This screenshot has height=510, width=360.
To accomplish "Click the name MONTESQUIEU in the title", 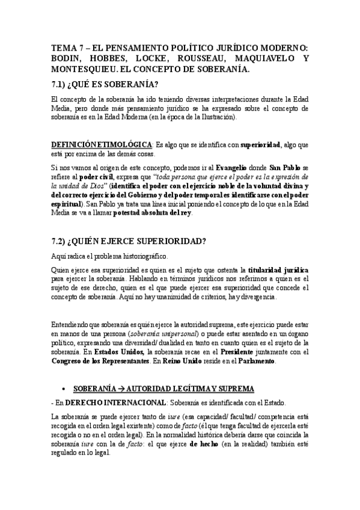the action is pyautogui.click(x=86, y=70).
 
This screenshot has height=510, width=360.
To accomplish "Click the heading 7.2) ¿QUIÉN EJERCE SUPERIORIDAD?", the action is pyautogui.click(x=129, y=242).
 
